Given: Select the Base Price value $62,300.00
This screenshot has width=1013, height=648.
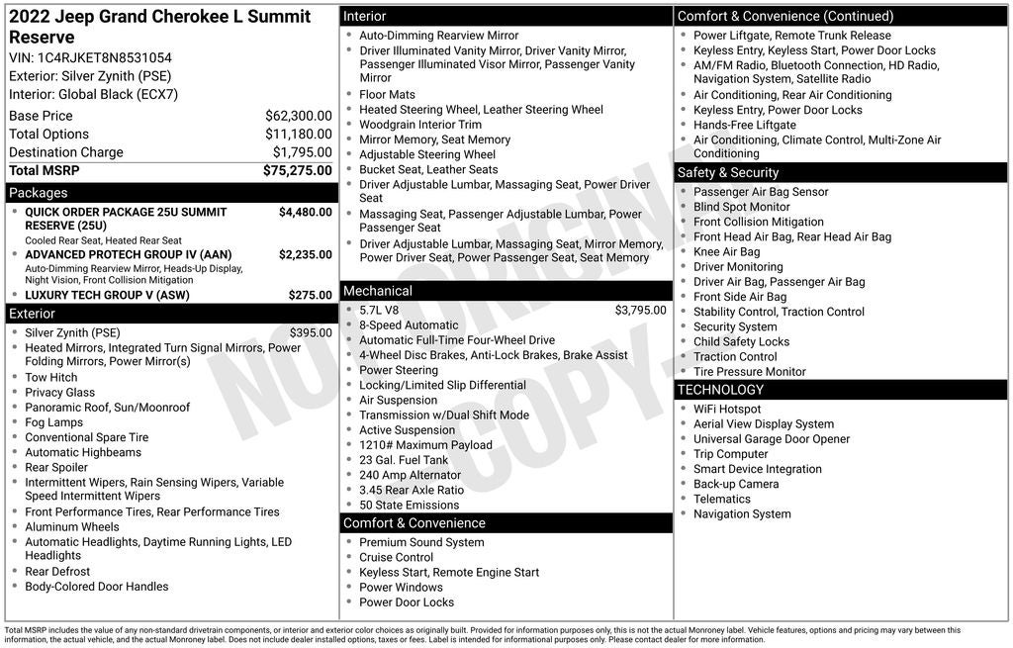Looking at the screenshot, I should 298,116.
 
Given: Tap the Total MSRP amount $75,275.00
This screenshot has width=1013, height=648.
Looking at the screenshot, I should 297,170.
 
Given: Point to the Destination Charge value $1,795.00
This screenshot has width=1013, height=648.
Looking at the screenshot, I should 302,152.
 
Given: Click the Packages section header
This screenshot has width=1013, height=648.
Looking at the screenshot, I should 39,193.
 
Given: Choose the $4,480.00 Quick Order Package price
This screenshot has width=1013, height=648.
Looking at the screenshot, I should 305,212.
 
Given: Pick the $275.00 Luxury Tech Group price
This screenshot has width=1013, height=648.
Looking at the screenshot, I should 310,295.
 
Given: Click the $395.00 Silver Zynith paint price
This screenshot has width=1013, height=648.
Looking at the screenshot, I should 310,333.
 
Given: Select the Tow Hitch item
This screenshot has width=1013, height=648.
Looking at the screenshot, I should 51,378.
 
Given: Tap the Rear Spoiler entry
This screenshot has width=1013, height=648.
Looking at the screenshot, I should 56,467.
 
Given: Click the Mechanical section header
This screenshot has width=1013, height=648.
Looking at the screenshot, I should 377,291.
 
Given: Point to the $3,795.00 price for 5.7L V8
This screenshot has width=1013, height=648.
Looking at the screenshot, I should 640,310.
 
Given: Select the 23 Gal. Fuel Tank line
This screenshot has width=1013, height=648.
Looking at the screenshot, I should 404,460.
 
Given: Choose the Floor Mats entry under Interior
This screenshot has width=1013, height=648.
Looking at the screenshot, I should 387,95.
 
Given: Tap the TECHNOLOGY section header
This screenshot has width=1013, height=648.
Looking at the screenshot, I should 720,390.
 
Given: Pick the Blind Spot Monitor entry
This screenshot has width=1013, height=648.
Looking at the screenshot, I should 741,207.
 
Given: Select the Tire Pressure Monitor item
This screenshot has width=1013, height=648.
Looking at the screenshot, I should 749,372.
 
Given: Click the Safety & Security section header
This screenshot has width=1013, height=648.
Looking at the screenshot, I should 728,173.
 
